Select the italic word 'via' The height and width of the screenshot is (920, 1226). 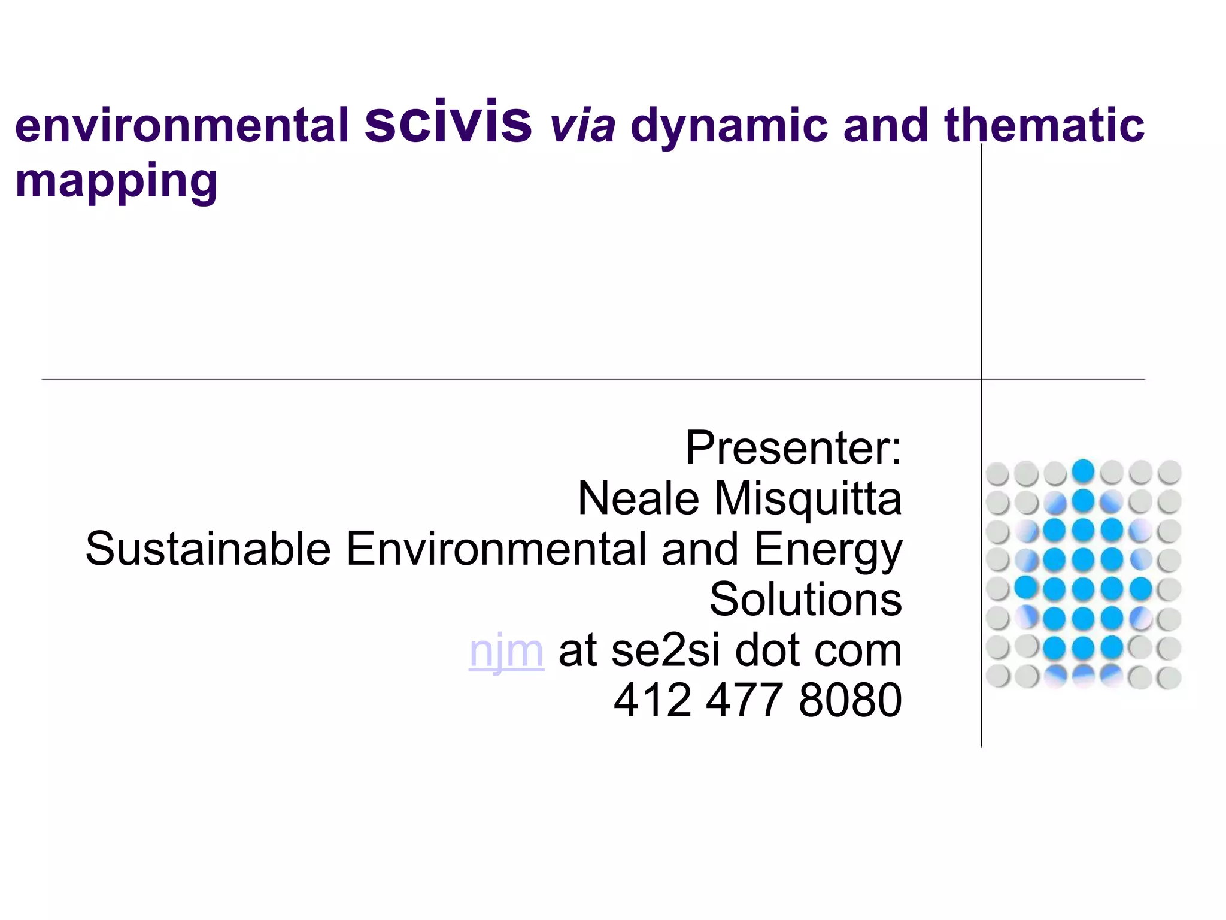click(582, 126)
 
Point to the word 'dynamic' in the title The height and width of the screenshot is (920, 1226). click(729, 126)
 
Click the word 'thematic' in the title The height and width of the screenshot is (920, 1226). click(1044, 126)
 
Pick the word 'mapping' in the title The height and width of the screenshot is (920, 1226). click(116, 181)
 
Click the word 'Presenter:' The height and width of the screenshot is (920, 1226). click(793, 448)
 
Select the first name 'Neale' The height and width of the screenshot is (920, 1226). click(638, 498)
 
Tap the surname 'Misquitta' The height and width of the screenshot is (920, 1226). click(808, 498)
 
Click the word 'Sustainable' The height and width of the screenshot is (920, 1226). click(208, 549)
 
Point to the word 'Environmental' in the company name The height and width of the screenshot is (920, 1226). click(496, 549)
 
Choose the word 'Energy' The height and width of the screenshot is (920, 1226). click(828, 550)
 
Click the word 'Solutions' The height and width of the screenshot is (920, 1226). click(806, 599)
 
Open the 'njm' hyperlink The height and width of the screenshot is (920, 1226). click(506, 650)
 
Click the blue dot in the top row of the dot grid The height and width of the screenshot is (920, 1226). click(1083, 471)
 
